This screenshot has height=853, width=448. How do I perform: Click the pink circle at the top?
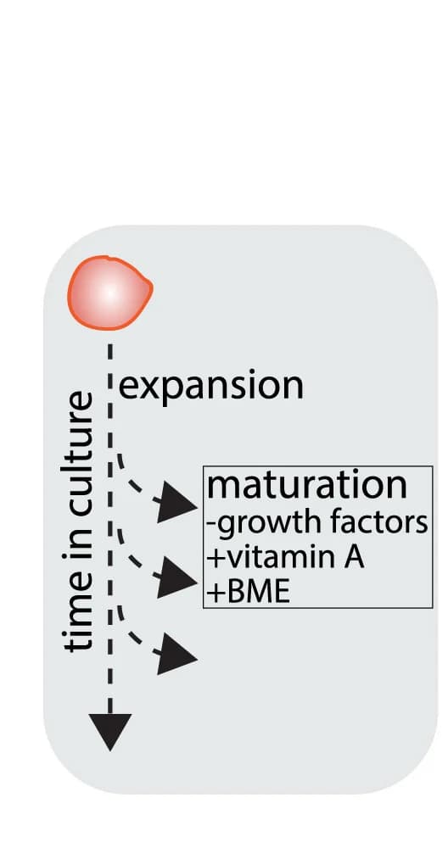point(109,293)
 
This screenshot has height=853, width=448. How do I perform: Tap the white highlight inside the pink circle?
point(110,293)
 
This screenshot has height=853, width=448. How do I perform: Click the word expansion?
point(210,387)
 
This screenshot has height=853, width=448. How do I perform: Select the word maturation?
point(306,485)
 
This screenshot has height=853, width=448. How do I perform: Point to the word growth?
point(260,524)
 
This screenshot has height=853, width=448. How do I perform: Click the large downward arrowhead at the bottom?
point(110,731)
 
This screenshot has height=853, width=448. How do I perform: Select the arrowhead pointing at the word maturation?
point(177,503)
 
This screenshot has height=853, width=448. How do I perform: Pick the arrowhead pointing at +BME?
point(177,578)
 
